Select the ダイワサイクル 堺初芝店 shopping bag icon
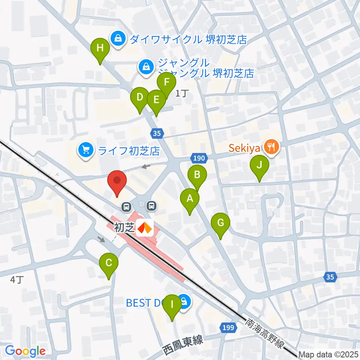(118, 39)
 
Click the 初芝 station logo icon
(144, 228)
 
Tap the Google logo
(25, 351)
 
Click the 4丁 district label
(17, 279)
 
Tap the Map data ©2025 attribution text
(329, 354)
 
